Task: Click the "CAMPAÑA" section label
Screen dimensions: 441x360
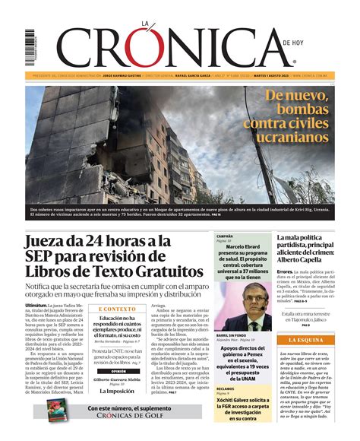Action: (226, 236)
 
